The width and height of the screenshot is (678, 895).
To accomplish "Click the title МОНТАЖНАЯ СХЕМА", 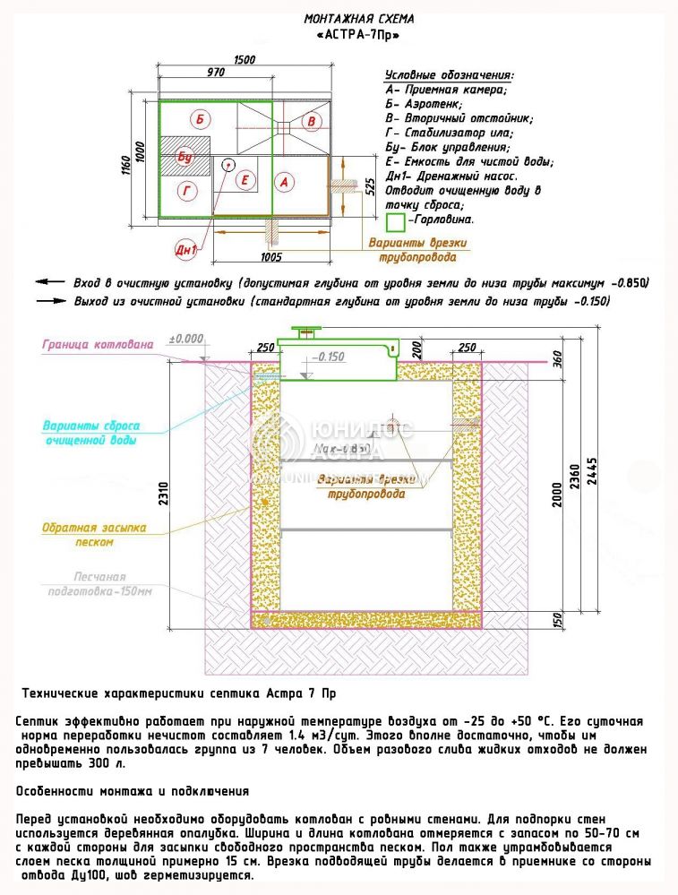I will [359, 18].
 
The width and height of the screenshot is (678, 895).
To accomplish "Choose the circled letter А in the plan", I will [284, 182].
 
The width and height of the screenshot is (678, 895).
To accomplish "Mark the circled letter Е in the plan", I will [242, 180].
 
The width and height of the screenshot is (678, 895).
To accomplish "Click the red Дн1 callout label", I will [185, 250].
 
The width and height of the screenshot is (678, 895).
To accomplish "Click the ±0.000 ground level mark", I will [186, 340].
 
